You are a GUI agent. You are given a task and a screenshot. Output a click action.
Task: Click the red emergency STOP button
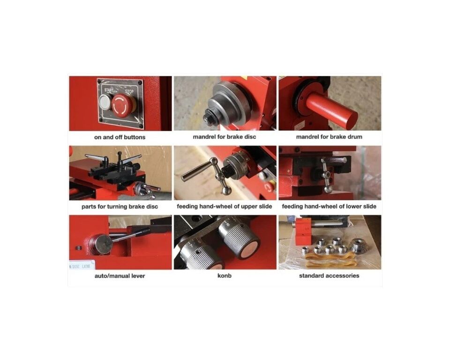(123, 105)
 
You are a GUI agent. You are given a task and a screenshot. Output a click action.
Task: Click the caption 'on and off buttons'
(120, 137)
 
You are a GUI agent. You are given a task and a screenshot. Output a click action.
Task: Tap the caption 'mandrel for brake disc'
(225, 137)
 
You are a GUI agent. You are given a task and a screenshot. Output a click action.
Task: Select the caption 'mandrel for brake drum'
(329, 137)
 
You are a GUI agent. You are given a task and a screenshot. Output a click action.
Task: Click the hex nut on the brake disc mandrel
(208, 118)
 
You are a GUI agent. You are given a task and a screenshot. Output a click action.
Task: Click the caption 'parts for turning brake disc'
(120, 207)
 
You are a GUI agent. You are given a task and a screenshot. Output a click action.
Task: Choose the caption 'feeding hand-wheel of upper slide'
(225, 206)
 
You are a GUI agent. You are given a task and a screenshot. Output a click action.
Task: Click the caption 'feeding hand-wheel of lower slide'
(329, 206)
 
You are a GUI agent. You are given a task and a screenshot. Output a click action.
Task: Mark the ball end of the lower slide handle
(328, 189)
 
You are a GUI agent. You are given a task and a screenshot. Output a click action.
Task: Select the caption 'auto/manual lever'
(120, 276)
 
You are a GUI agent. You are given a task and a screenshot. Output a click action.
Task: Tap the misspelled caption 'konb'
(225, 276)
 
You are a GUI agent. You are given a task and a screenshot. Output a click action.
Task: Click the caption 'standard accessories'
(329, 276)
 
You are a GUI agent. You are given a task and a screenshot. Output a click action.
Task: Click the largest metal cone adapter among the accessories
(359, 246)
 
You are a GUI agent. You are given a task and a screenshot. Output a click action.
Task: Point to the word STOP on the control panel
(129, 91)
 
